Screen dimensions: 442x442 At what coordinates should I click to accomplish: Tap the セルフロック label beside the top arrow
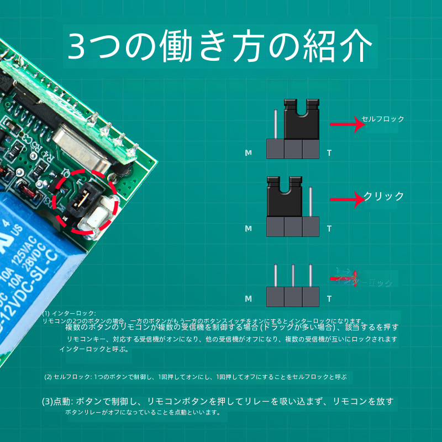(383, 119)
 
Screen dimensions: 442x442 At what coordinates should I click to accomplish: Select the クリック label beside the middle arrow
(383, 196)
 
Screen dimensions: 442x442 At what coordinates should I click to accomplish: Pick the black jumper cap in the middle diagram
(284, 198)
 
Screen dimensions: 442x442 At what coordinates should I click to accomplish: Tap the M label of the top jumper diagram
(248, 152)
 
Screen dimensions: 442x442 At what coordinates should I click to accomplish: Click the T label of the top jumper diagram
(329, 152)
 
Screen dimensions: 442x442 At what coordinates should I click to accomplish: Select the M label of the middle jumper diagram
(248, 228)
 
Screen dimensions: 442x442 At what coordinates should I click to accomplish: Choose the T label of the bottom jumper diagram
(329, 299)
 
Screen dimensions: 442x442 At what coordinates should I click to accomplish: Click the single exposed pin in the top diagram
(275, 124)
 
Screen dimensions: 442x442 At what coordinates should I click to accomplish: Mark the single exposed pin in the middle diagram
(311, 202)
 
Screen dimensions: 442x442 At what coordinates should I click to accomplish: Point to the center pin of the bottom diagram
(293, 276)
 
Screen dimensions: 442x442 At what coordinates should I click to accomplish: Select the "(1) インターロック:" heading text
(69, 313)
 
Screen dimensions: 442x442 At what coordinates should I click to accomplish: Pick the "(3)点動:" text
(56, 401)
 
